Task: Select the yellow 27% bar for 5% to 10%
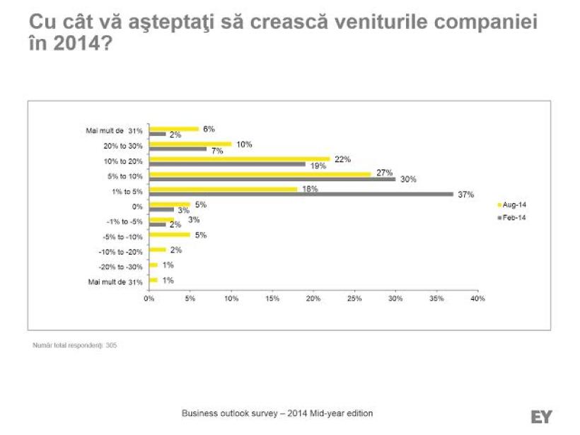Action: (260, 174)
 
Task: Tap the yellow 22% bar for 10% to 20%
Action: (239, 158)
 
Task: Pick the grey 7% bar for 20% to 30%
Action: (178, 149)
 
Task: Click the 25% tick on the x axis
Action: (354, 298)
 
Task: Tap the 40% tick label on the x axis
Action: (477, 298)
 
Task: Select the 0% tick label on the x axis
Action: (149, 298)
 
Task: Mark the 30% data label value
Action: (407, 180)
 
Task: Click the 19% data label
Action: (318, 165)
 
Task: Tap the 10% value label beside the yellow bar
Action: (244, 144)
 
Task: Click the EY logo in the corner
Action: (541, 417)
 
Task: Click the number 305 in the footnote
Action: (111, 346)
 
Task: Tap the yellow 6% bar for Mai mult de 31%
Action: (173, 129)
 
